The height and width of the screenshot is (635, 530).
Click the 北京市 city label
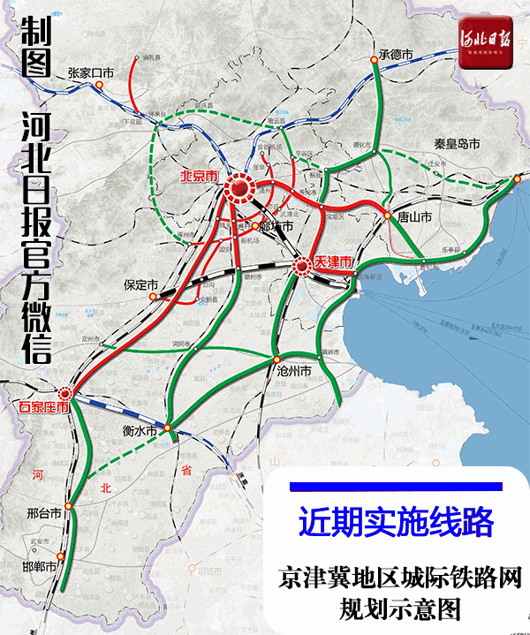click(x=198, y=175)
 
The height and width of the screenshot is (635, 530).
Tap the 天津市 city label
click(x=334, y=262)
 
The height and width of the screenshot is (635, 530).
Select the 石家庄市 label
click(x=44, y=408)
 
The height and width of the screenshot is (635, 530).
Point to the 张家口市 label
click(x=91, y=73)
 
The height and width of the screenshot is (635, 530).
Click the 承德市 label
click(x=395, y=54)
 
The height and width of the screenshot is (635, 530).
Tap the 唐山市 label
click(x=414, y=215)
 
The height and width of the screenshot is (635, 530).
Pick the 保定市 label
click(x=140, y=285)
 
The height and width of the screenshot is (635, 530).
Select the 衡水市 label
click(x=140, y=430)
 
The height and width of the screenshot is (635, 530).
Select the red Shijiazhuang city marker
click(x=65, y=394)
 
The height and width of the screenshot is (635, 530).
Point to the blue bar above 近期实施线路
click(x=395, y=487)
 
